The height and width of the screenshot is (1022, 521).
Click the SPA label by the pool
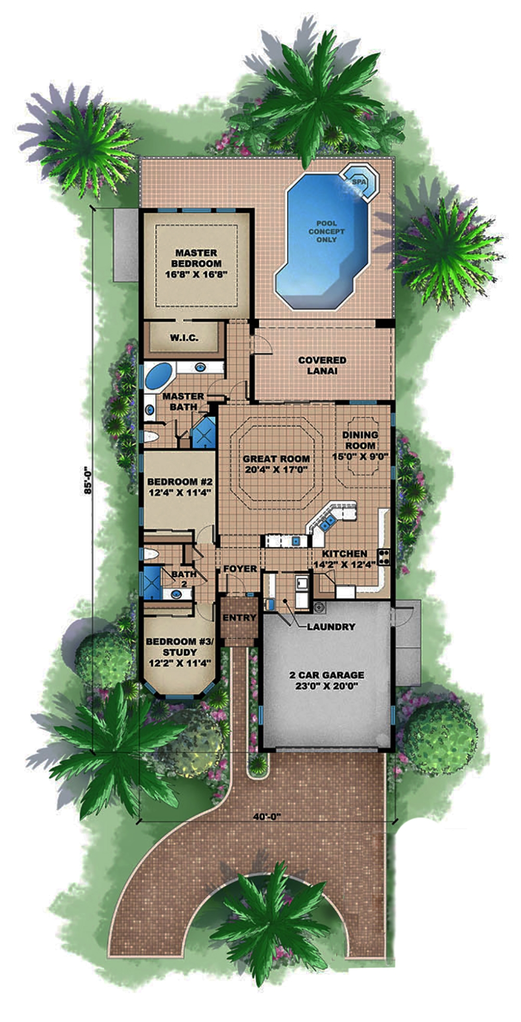point(359,182)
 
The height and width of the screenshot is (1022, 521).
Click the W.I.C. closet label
point(184,338)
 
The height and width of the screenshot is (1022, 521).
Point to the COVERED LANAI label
point(322,365)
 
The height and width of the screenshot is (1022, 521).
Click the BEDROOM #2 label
point(179,487)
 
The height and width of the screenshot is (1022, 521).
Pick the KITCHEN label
point(344,554)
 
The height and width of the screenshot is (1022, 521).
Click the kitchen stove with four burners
point(384,557)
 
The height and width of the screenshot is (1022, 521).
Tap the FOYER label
point(240,568)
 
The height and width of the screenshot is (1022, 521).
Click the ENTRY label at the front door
point(240,618)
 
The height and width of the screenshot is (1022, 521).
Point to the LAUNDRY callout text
point(331,627)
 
